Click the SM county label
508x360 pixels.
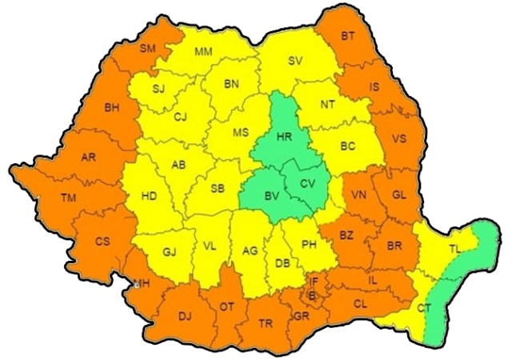pyautogui.click(x=148, y=49)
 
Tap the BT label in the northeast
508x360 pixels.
pyautogui.click(x=348, y=36)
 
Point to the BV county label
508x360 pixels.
pyautogui.click(x=271, y=194)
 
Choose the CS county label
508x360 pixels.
pyautogui.click(x=102, y=241)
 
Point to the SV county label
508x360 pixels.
pyautogui.click(x=295, y=61)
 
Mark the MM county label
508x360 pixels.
pyautogui.click(x=204, y=53)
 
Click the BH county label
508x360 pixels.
pyautogui.click(x=111, y=107)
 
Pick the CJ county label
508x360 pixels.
pyautogui.click(x=180, y=118)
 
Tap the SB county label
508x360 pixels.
pyautogui.click(x=216, y=189)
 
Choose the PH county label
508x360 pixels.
pyautogui.click(x=310, y=245)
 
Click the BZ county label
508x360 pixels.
pyautogui.click(x=346, y=235)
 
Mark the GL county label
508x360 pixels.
pyautogui.click(x=399, y=195)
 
